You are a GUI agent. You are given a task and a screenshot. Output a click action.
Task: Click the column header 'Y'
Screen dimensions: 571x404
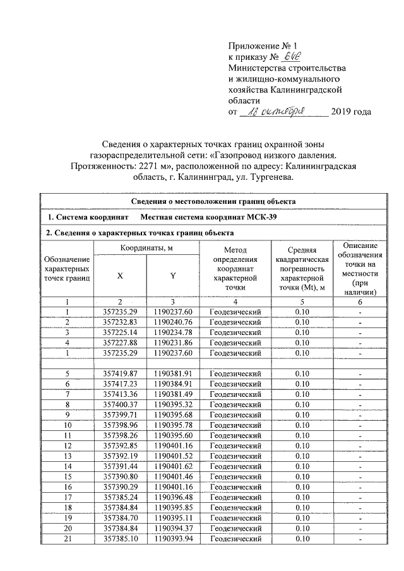[172, 275]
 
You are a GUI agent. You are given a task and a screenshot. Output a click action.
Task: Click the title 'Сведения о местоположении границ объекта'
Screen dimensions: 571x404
[213, 201]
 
